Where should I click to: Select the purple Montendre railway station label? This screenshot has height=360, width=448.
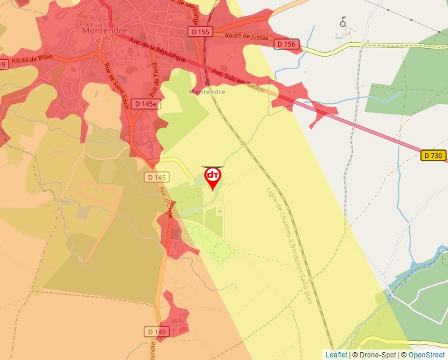point(207,92)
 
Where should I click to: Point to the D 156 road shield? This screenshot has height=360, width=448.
point(287,44)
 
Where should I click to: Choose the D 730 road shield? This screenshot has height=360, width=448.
point(434,155)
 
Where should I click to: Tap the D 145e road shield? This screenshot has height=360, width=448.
point(146,104)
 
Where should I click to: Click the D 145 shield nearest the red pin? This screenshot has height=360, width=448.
point(157,177)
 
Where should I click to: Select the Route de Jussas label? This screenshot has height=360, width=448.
point(246,37)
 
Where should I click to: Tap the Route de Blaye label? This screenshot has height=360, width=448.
point(32,60)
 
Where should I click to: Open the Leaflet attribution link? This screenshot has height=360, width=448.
point(336,355)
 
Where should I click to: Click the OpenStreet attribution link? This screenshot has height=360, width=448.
point(428,355)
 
